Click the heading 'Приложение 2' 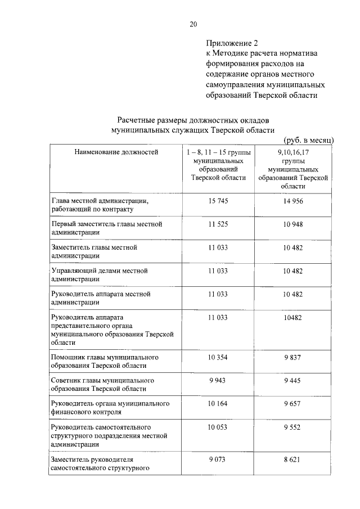point(231,43)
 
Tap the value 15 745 point(218,201)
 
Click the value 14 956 point(293,201)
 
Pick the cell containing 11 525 point(218,224)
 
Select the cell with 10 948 point(293,224)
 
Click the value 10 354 point(218,357)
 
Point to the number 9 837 point(293,357)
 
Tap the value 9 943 point(218,381)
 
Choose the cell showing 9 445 point(293,381)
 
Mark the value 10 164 point(218,404)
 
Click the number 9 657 point(293,404)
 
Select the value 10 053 point(218,427)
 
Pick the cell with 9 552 point(293,427)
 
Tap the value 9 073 point(218,460)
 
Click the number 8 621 point(293,460)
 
